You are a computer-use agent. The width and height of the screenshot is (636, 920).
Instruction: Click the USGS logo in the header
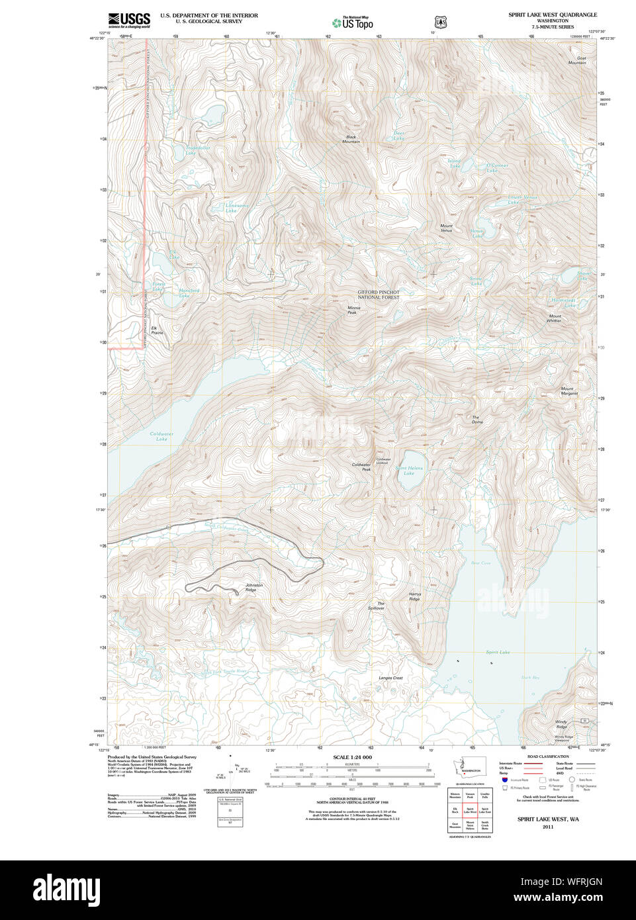(x=129, y=20)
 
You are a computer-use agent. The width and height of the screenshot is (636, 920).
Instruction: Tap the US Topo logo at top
(x=353, y=23)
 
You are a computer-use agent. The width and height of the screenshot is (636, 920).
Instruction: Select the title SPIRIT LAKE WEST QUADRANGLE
(x=552, y=15)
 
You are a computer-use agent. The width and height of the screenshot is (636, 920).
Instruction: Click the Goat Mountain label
(x=576, y=60)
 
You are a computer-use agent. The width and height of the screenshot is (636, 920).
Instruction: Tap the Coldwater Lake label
(x=161, y=436)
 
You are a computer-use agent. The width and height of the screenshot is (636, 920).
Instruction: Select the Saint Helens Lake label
(x=409, y=471)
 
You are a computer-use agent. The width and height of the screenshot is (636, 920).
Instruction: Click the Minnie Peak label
(x=353, y=310)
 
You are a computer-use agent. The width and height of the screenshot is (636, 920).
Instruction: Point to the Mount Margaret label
(x=568, y=391)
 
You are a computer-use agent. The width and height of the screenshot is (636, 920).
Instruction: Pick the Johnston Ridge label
(x=254, y=587)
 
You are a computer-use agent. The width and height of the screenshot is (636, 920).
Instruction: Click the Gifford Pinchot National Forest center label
(x=379, y=295)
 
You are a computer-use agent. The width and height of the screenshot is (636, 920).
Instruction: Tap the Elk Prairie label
(x=157, y=330)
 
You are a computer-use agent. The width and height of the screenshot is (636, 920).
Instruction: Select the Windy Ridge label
(x=561, y=724)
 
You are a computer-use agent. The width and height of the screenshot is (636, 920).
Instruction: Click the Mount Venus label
(x=447, y=228)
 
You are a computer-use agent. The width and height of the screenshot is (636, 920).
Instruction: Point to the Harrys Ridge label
(x=414, y=596)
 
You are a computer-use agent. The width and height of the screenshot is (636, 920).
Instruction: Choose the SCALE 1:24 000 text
(x=352, y=757)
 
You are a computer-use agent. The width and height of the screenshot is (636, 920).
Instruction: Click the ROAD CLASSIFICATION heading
(x=547, y=757)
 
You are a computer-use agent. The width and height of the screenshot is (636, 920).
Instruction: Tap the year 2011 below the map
(x=547, y=827)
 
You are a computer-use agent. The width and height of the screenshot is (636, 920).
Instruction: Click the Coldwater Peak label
(x=361, y=467)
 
